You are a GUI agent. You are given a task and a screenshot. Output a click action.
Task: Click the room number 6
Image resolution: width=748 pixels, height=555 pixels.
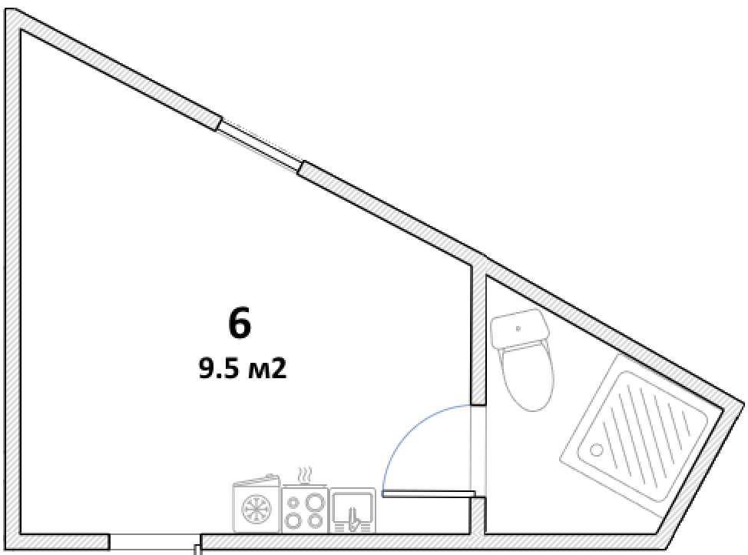pyautogui.click(x=240, y=324)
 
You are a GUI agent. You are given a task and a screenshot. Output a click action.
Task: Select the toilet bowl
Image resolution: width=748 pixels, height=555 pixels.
pyautogui.click(x=527, y=377)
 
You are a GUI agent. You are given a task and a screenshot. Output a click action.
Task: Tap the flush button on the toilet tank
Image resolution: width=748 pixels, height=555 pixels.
pyautogui.click(x=518, y=328)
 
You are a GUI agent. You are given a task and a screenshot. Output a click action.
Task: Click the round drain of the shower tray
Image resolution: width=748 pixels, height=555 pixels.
pyautogui.click(x=596, y=450)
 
